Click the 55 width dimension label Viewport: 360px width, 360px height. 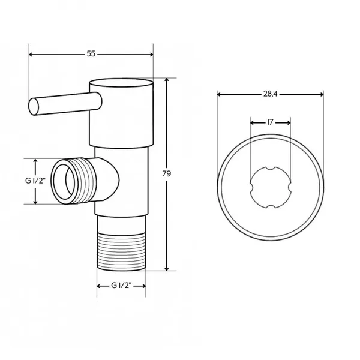pos(91,54)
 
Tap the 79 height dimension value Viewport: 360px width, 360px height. pos(167,174)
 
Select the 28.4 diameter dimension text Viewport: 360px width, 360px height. pos(270,94)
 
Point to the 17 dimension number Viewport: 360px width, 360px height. pos(270,122)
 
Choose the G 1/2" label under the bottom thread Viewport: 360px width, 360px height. pos(121,286)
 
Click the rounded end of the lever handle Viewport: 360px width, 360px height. pos(34,107)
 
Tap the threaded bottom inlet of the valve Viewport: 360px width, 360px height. pos(121,251)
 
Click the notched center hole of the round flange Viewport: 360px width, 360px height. pos(270,188)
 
